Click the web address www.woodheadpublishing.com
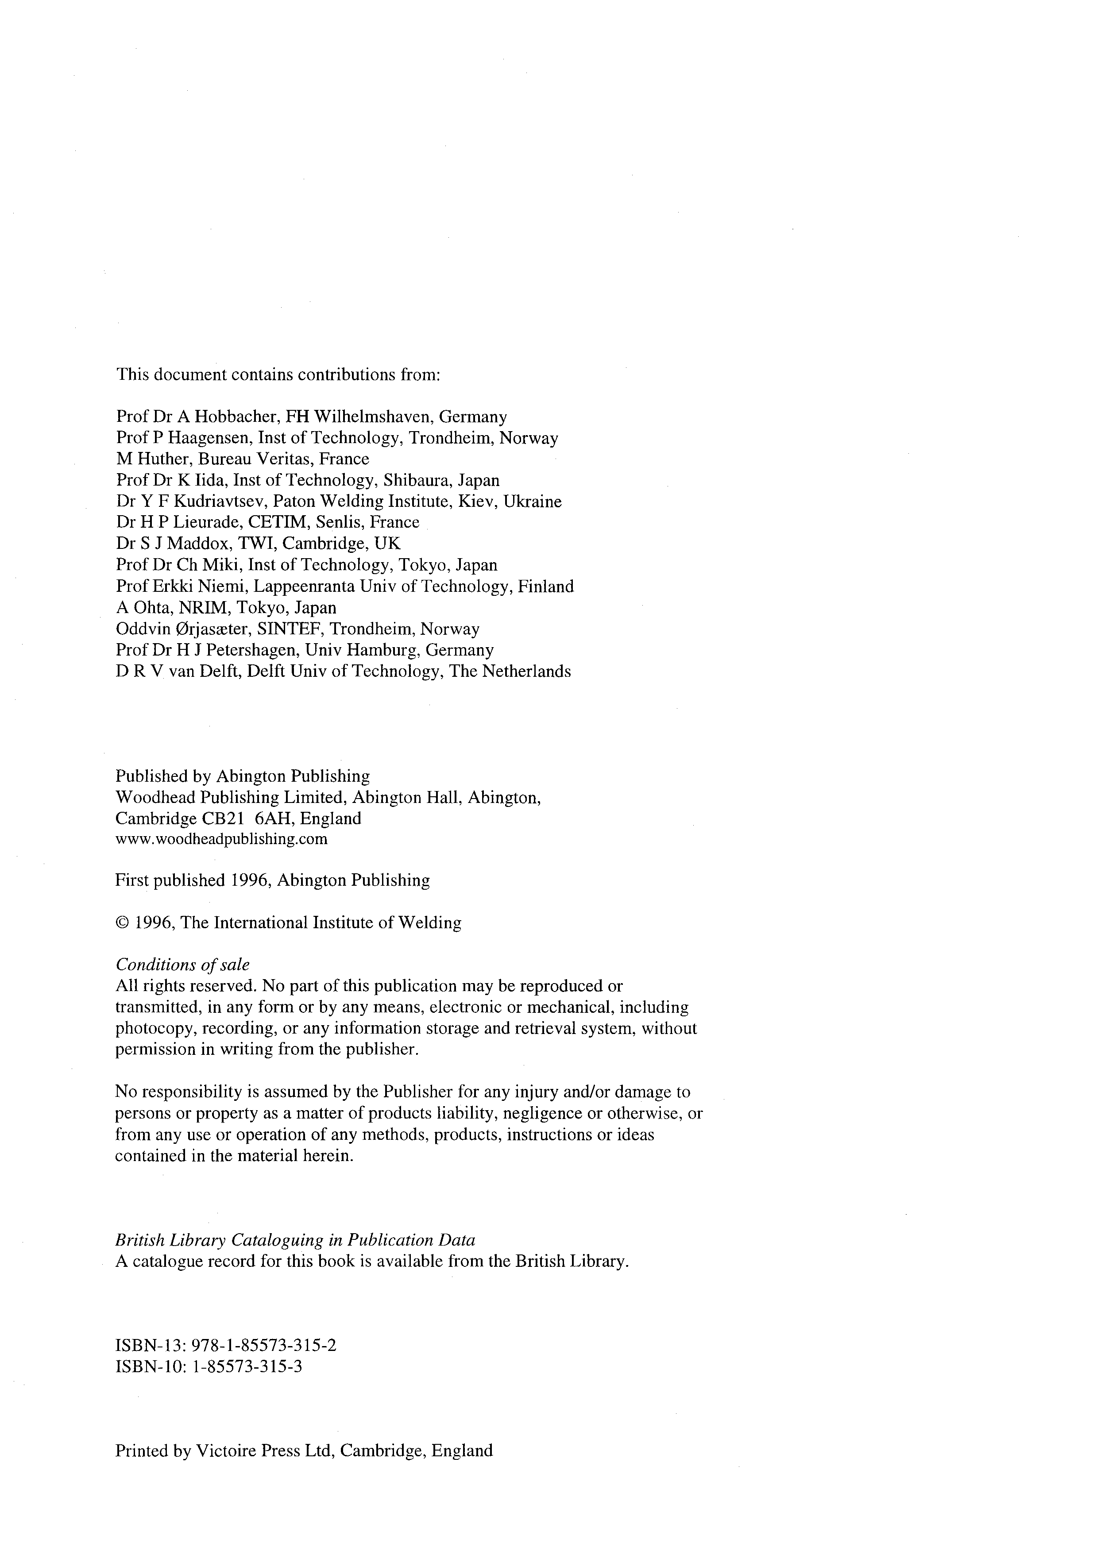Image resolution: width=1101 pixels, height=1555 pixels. click(221, 839)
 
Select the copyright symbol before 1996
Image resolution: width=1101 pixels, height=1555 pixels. click(122, 923)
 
